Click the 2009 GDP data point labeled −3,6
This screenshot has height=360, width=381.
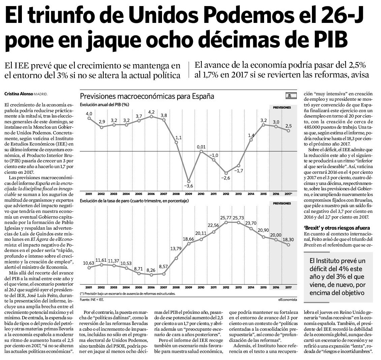click(189, 182)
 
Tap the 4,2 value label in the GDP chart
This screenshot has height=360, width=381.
click(151, 112)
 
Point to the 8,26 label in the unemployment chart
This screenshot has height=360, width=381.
click(151, 270)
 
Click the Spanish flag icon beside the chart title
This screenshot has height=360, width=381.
click(291, 96)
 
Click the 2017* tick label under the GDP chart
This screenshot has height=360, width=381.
click(288, 194)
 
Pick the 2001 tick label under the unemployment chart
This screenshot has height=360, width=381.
click(89, 287)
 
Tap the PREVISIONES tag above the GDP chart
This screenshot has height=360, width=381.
click(282, 107)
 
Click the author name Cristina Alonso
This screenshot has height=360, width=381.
click(19, 94)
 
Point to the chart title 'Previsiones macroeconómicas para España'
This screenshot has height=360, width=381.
click(147, 96)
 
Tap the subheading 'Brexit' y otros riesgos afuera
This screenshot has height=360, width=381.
click(337, 228)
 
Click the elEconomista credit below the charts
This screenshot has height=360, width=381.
click(288, 299)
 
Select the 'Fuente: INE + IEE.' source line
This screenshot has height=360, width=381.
click(92, 299)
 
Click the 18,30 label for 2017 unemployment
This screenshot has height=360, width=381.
click(288, 239)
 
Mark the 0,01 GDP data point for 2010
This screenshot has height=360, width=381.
click(201, 151)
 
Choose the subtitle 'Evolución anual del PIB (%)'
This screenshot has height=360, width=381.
click(104, 105)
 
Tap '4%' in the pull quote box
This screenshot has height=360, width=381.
click(343, 269)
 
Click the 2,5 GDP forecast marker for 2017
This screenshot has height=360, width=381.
click(288, 131)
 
